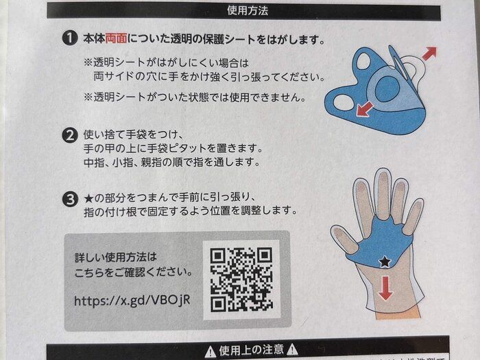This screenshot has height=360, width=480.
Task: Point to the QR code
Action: [241, 279]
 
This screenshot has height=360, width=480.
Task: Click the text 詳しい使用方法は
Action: [116, 257]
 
